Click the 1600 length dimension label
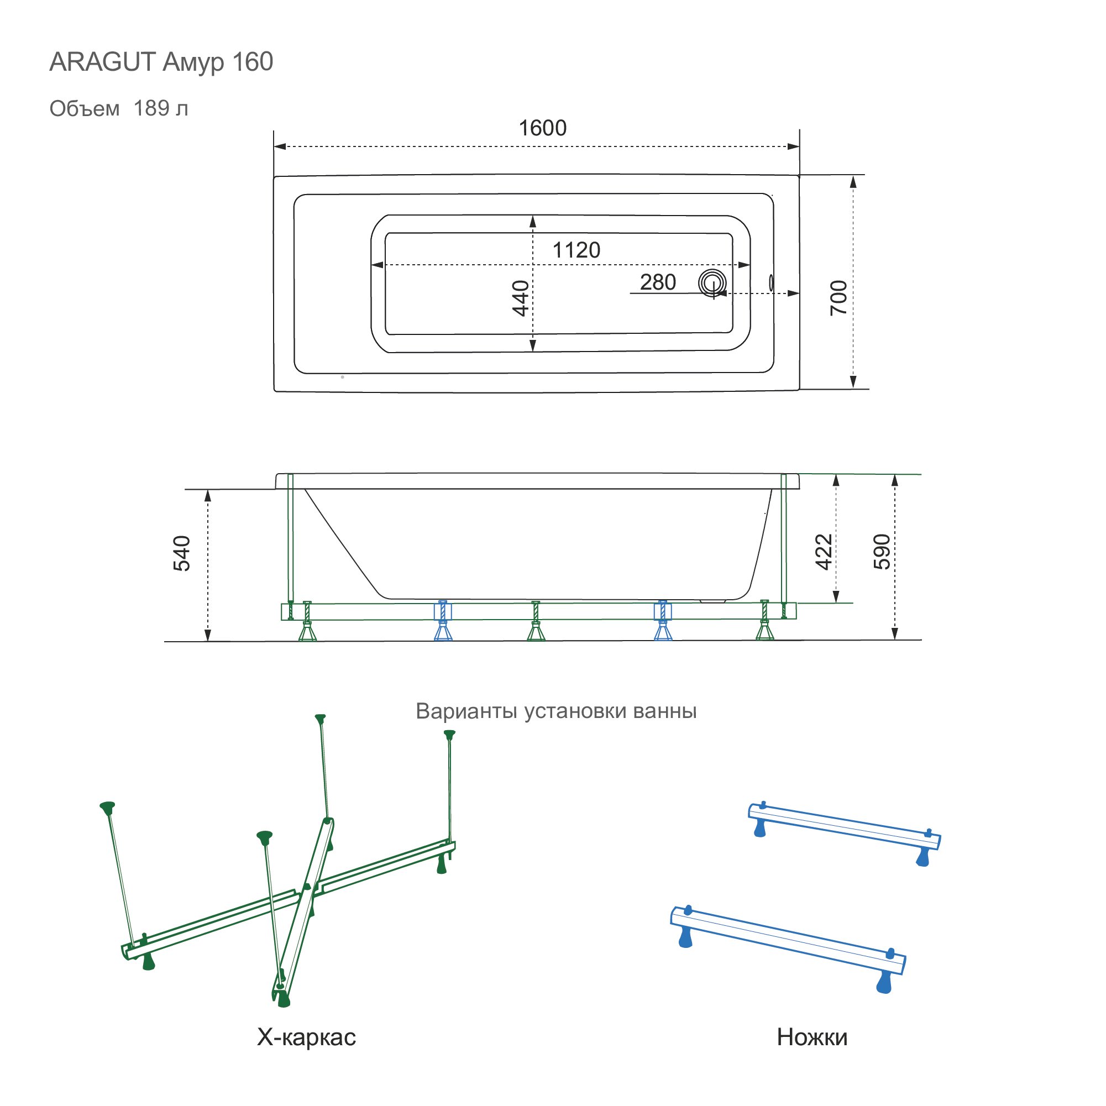(542, 128)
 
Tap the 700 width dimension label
(838, 298)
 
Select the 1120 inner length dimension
(576, 250)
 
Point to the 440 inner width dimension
(520, 298)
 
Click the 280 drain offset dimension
(658, 282)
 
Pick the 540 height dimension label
(181, 554)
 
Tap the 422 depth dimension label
(823, 552)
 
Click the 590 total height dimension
(882, 552)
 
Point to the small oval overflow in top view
(771, 282)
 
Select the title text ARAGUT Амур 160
(161, 62)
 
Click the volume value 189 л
(161, 108)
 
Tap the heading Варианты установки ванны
(556, 711)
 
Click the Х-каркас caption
(306, 1037)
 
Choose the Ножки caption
(812, 1037)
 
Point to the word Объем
(85, 109)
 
